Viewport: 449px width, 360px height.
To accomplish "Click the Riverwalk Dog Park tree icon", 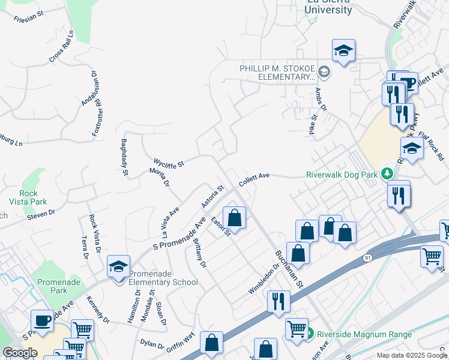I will point(387,174).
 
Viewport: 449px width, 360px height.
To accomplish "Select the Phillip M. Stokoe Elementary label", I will point(277,73).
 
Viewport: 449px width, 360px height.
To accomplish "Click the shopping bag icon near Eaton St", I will point(235,218).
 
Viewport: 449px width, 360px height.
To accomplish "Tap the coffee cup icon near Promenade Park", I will point(43,321).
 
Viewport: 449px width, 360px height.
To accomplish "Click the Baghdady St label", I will point(124,157).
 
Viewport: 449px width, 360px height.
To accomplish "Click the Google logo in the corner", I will point(20,353).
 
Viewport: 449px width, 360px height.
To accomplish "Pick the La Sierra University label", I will point(329,7).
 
